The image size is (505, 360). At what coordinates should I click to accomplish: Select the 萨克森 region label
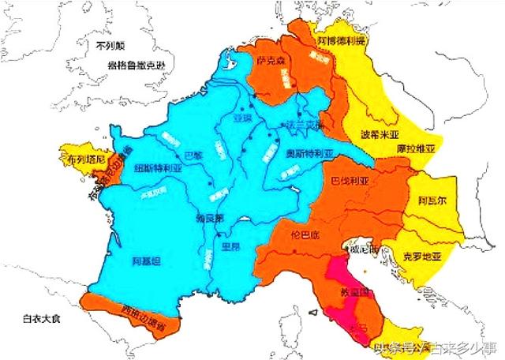pyautogui.click(x=269, y=60)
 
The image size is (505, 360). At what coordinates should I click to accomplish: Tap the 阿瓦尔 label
pyautogui.click(x=432, y=201)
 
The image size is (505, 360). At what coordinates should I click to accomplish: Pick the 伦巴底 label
pyautogui.click(x=304, y=234)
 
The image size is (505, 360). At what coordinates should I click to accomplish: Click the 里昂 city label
pyautogui.click(x=229, y=246)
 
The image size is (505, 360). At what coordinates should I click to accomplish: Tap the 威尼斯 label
pyautogui.click(x=364, y=249)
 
